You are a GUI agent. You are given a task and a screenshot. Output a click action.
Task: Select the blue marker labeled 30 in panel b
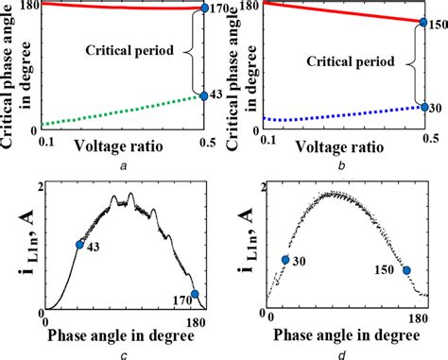tap(423, 107)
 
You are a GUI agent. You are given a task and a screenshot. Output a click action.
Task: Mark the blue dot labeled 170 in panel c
tap(195, 295)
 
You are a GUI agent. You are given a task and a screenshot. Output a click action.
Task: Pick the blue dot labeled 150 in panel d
tap(407, 270)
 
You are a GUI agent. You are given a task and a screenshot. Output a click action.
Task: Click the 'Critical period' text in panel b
tap(352, 63)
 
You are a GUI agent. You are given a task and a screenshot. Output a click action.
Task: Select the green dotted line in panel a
tap(113, 112)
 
